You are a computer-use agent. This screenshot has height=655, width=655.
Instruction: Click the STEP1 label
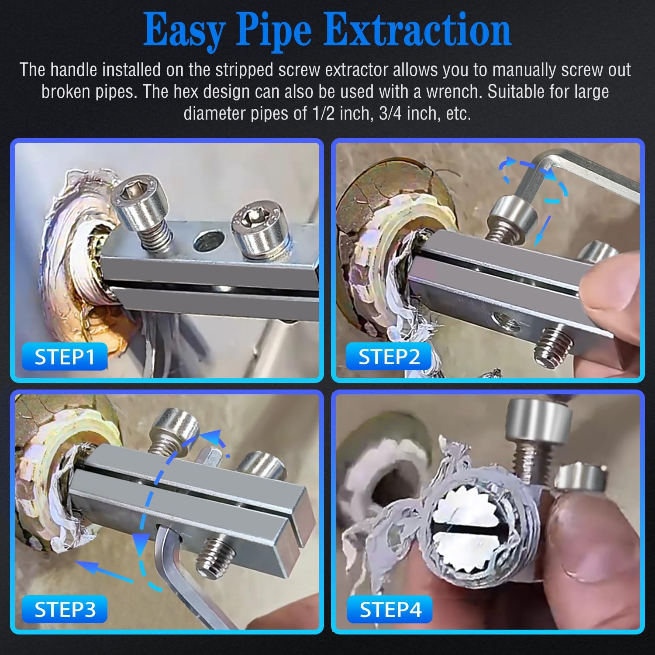[x=65, y=357]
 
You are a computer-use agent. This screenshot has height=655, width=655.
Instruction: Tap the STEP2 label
[x=389, y=357]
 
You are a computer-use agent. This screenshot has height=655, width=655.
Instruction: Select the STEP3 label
[x=65, y=609]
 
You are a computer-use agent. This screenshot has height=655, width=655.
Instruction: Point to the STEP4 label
[x=390, y=609]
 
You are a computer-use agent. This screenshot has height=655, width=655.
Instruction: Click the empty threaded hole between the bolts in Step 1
[x=210, y=241]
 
